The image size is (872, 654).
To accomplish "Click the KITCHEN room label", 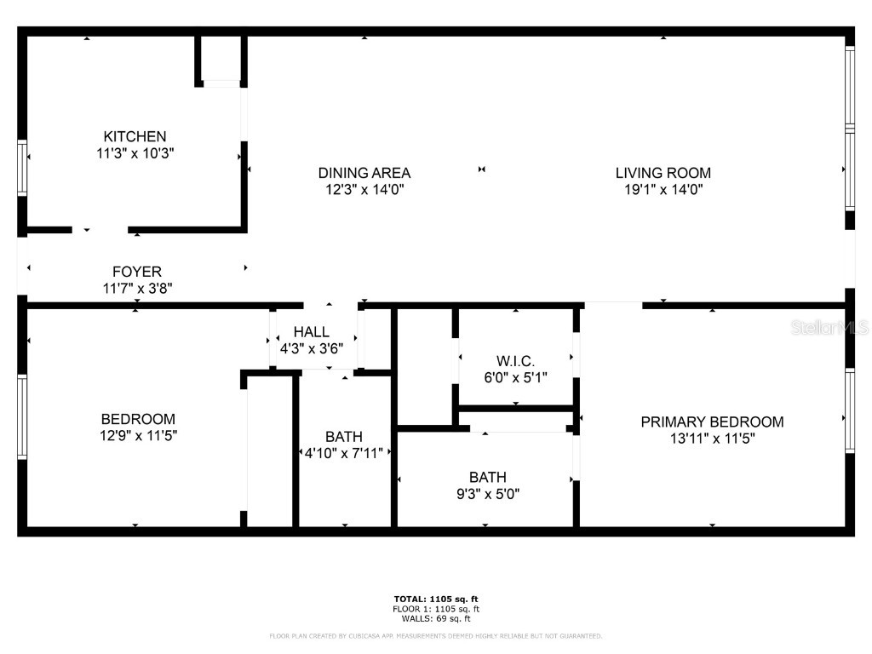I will (135, 136).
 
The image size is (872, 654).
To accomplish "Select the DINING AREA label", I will (364, 173).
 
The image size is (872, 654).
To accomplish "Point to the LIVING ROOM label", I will (663, 173).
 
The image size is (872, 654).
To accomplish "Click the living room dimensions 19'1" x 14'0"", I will (663, 191).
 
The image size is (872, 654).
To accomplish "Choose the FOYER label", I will (137, 272).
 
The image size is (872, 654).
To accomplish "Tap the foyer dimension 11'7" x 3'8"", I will (137, 289).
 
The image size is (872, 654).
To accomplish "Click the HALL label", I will (311, 332).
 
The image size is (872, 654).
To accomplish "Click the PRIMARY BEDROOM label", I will (712, 422).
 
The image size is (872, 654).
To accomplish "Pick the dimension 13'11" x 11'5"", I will (712, 439).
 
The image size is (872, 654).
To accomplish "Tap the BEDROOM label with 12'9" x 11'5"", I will (138, 419).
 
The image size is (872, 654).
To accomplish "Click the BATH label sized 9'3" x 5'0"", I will (487, 477).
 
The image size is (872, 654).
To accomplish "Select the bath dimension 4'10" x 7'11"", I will (345, 453).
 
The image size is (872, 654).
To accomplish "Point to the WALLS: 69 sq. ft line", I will (436, 619).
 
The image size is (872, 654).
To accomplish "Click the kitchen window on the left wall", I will (22, 168).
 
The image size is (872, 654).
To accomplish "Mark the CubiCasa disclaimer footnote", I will (436, 636).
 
